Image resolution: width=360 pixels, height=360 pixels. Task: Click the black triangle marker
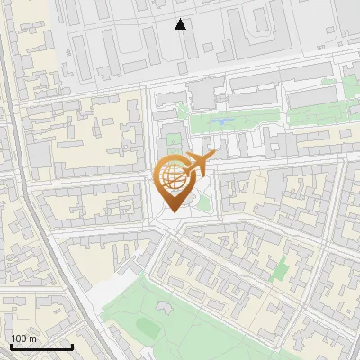click(x=181, y=24)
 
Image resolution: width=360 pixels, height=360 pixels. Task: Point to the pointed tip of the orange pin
click(x=172, y=211)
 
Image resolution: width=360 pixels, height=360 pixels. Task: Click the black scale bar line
click(x=41, y=346)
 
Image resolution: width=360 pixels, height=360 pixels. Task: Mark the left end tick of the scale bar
click(x=11, y=345)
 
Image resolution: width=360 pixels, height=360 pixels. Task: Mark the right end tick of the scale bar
click(x=72, y=345)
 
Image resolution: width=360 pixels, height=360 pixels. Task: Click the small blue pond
click(x=221, y=120)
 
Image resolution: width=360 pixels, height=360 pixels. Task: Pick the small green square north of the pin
click(x=173, y=139)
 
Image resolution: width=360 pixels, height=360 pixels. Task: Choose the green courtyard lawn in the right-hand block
click(x=282, y=266)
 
